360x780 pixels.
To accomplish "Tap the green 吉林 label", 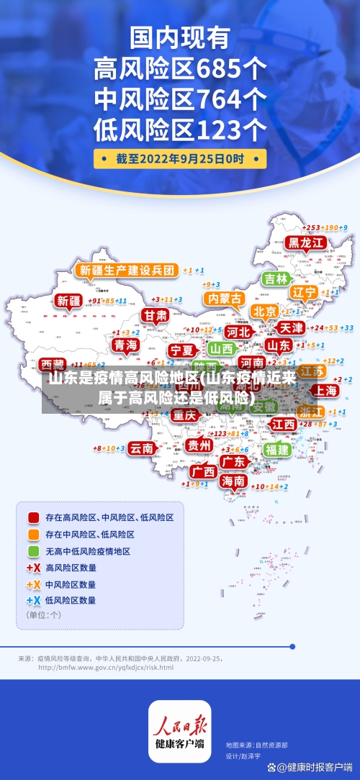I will [276, 278].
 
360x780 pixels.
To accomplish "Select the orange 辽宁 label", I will [305, 292].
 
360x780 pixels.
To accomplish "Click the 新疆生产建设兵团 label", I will [127, 271].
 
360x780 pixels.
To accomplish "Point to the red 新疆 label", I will [70, 301].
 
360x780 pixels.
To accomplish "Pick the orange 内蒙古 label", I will [223, 298].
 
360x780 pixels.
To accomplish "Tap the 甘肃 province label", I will [154, 315].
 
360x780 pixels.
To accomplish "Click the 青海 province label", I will [125, 345].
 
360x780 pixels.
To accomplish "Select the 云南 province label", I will [142, 448].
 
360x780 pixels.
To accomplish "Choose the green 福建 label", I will [276, 449].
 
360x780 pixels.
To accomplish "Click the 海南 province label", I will [233, 480].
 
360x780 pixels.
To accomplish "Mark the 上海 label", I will [324, 390].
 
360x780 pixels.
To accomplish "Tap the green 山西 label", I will [222, 348].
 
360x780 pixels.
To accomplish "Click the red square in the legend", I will [33, 517].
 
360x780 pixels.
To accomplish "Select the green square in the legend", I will [33, 551].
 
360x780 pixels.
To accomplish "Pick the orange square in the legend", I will [33, 535].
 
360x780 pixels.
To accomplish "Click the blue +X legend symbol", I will [33, 599].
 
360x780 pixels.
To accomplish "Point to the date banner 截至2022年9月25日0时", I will [180, 158].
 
